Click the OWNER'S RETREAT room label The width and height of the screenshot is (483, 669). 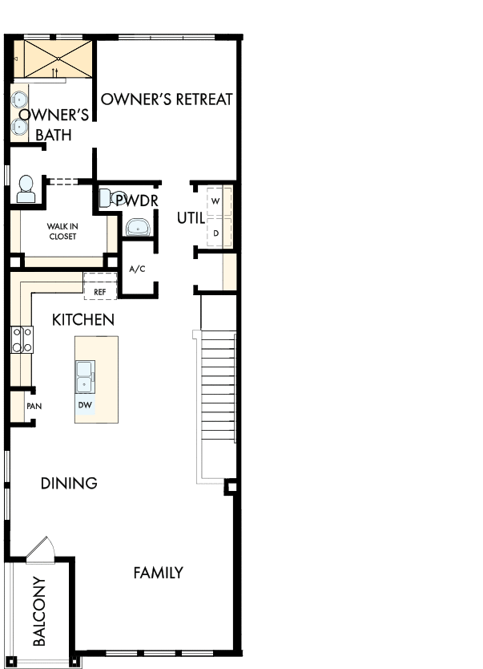coord(167,99)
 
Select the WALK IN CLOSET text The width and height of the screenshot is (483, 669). coord(62,232)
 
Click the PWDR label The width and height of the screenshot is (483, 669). coord(137,199)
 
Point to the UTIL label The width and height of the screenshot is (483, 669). coord(191,217)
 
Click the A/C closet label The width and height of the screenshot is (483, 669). coord(136,269)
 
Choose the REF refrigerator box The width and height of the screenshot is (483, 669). coord(100,292)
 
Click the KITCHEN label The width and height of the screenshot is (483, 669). coord(83,319)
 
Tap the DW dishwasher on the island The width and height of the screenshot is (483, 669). coord(84,406)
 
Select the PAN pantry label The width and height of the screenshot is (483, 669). coord(34,406)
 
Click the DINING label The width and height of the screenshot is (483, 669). coord(69,483)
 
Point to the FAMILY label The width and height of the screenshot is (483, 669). coord(158,573)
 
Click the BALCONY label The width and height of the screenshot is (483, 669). coord(40,611)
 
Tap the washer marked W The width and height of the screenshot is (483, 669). coord(216,201)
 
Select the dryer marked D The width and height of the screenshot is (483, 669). coord(216,233)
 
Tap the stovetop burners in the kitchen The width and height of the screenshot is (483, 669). coord(22,339)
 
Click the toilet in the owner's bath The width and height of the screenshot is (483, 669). coord(25,189)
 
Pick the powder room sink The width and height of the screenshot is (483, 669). coord(138,228)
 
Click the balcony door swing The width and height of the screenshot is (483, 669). coord(39,552)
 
